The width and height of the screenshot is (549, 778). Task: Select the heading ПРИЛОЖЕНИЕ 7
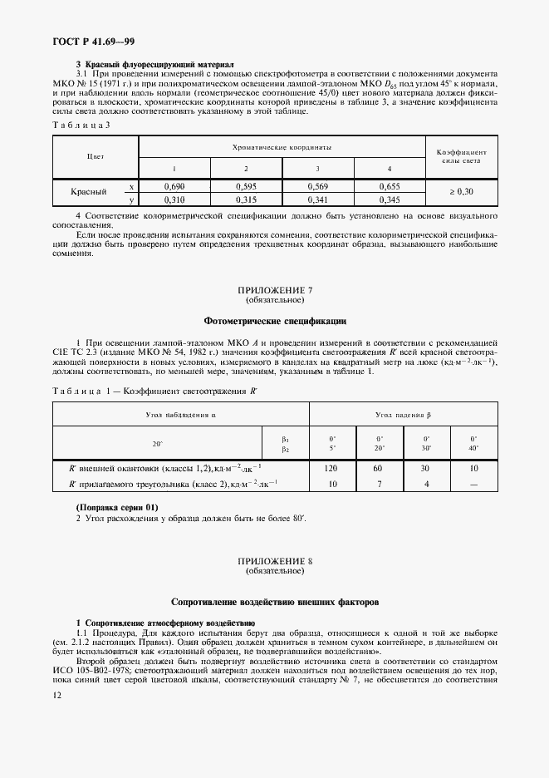pos(275,290)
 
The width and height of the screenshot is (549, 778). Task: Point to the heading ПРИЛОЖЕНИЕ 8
pos(275,563)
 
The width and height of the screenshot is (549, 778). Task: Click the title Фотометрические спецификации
pos(275,321)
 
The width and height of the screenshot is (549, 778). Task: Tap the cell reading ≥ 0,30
pos(461,193)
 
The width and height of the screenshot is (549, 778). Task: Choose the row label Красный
pos(88,193)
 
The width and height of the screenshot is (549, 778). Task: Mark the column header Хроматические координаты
pos(282,147)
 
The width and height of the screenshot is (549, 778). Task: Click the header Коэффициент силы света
pos(461,156)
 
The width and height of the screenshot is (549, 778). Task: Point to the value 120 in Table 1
pos(333,469)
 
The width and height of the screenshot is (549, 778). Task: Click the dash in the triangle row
pos(473,484)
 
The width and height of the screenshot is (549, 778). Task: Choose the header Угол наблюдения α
pos(180,414)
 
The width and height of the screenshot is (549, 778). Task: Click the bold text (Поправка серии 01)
pos(116,507)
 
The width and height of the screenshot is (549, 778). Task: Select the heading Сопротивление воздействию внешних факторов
pos(275,601)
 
